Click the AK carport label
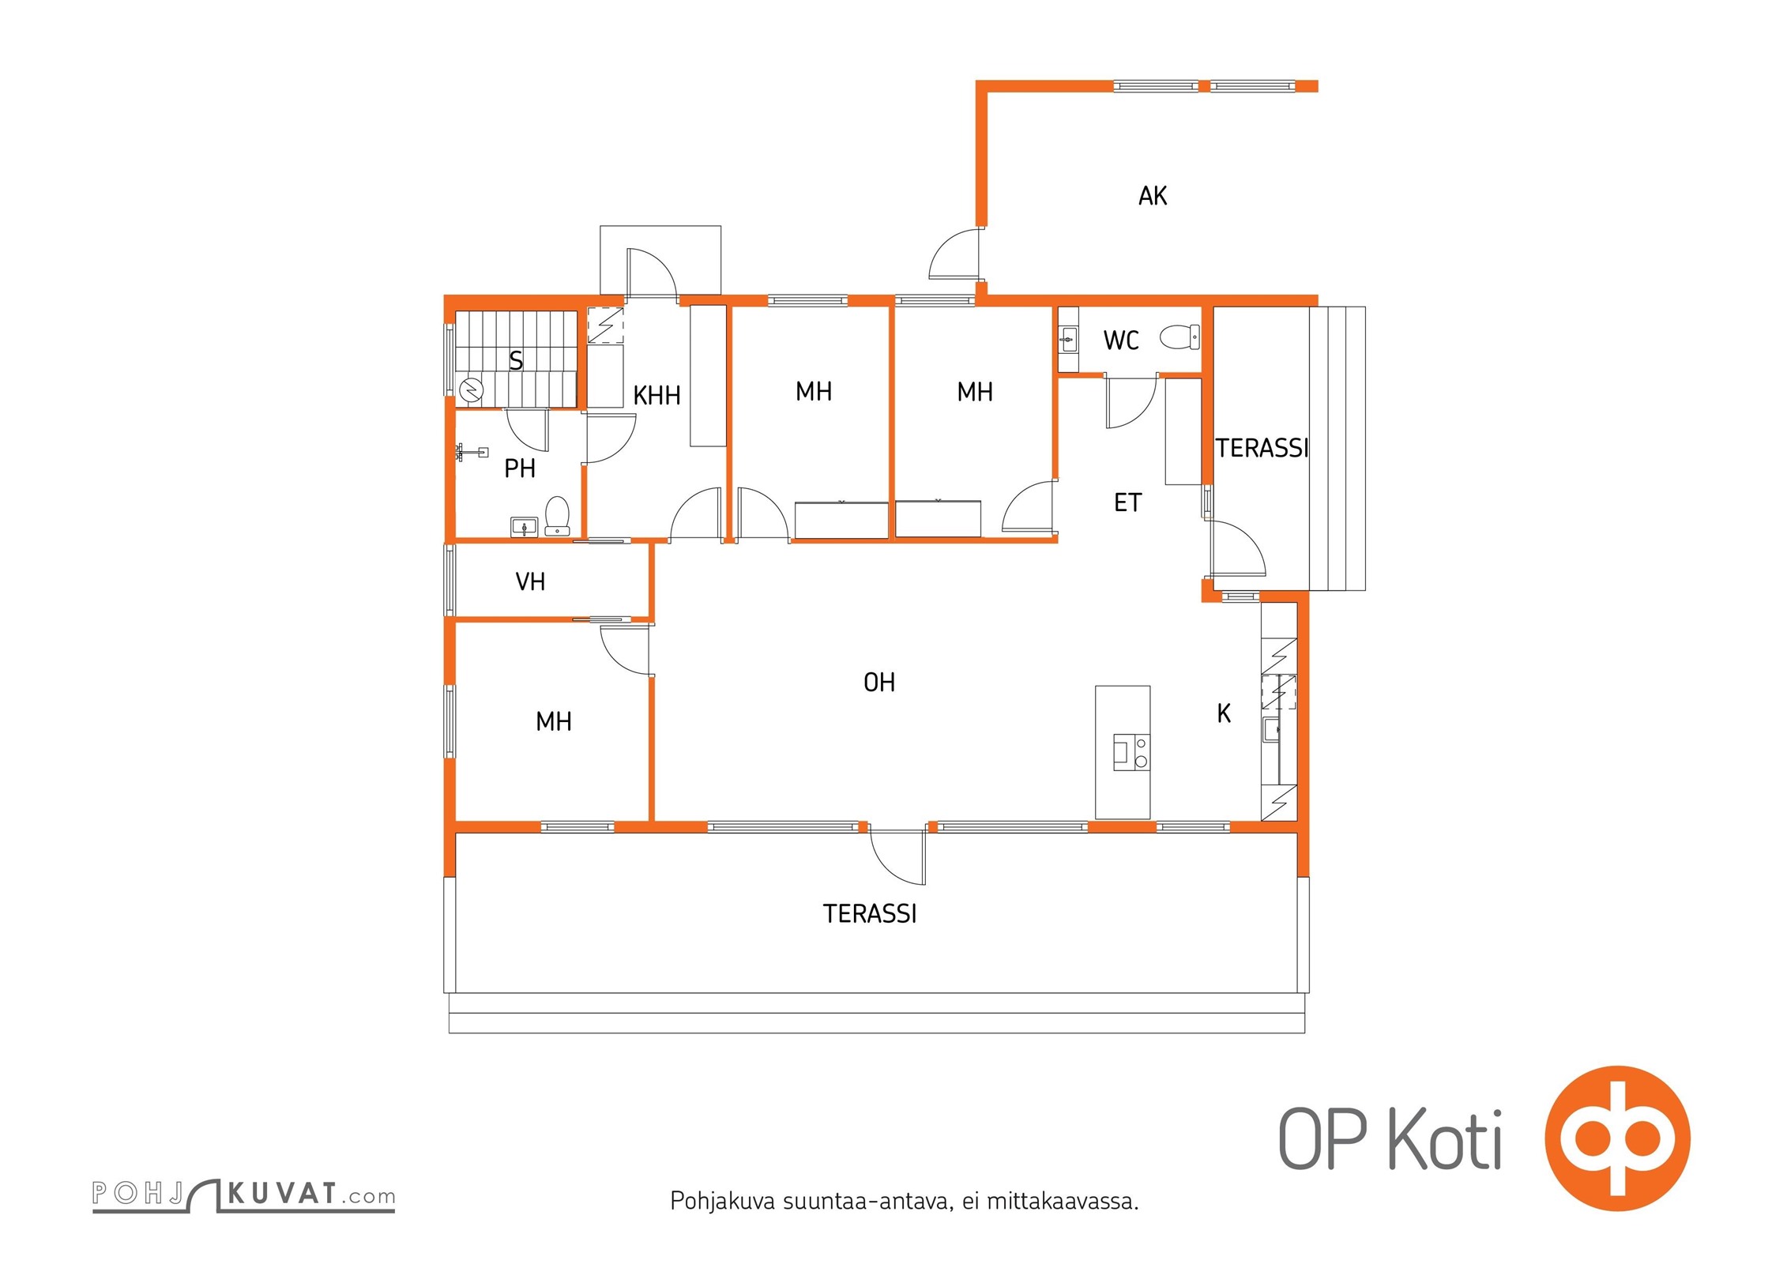(x=1153, y=196)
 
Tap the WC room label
(x=1121, y=340)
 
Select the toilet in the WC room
(x=1180, y=337)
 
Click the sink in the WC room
(x=1068, y=340)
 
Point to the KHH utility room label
(x=656, y=395)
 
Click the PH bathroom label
(x=520, y=468)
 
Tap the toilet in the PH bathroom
(x=558, y=516)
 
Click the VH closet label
(x=530, y=582)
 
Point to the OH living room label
(x=879, y=683)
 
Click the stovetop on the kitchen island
(x=1131, y=752)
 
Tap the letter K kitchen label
(x=1224, y=713)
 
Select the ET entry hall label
(x=1127, y=502)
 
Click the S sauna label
(x=516, y=361)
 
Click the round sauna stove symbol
(x=472, y=389)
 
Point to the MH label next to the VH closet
(x=554, y=721)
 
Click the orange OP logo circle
(x=1618, y=1138)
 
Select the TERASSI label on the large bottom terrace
(x=870, y=914)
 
